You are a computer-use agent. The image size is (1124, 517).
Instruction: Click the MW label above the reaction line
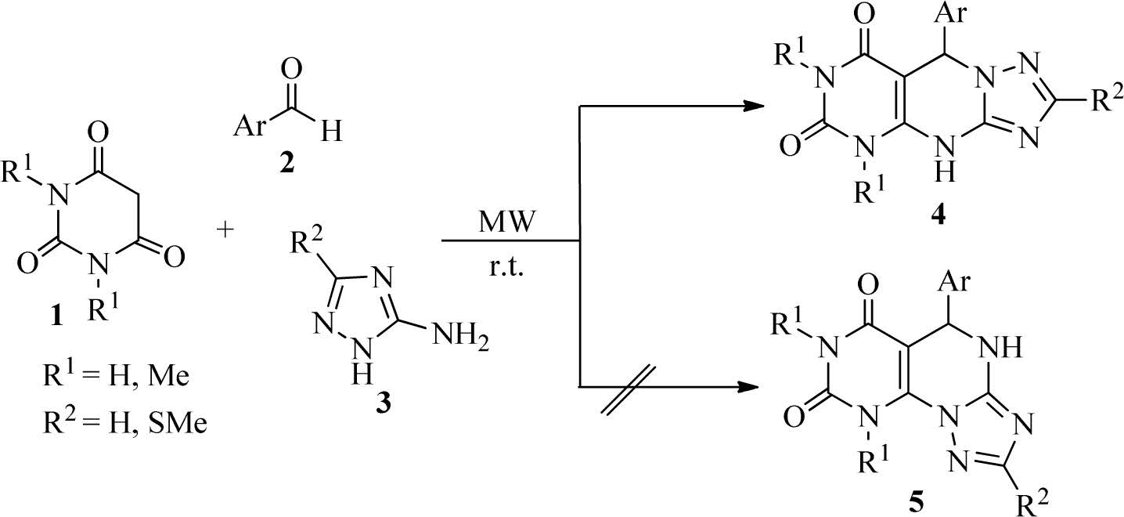[508, 222]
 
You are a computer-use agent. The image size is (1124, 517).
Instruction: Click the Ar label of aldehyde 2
[252, 127]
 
